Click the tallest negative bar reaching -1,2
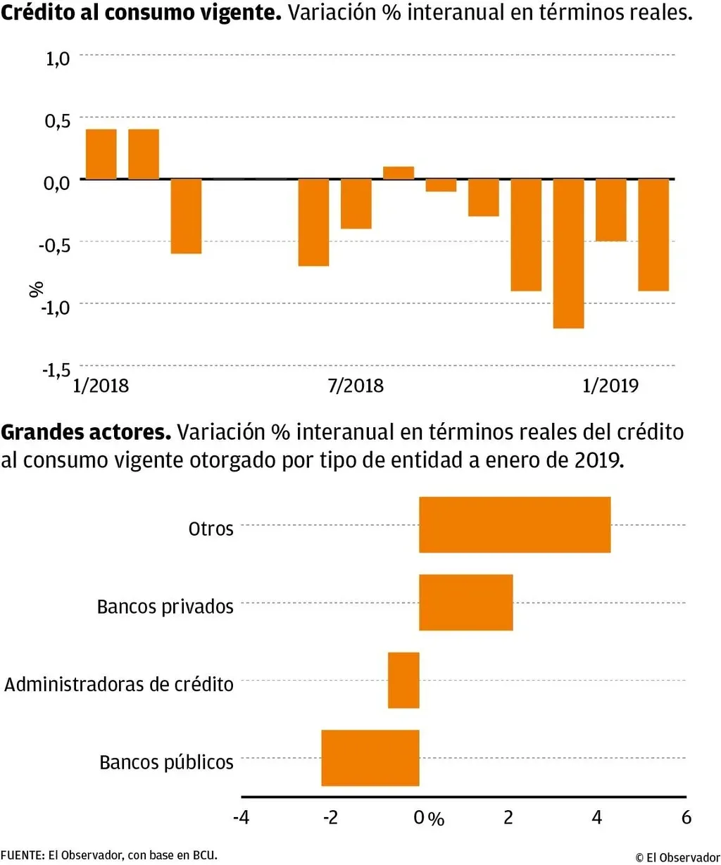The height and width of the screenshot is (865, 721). click(568, 253)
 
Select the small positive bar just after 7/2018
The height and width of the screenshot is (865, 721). click(399, 173)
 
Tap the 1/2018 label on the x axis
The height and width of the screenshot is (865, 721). click(101, 386)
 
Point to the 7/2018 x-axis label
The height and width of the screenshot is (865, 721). click(356, 386)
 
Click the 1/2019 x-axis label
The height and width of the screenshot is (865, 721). click(610, 386)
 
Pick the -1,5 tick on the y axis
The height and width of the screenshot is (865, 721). click(57, 370)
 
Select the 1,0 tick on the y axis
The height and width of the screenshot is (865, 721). click(58, 58)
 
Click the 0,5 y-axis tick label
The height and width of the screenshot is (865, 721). click(58, 121)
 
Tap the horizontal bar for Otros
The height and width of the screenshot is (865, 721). click(515, 525)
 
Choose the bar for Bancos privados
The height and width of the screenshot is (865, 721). click(465, 602)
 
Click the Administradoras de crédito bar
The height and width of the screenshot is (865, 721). click(403, 681)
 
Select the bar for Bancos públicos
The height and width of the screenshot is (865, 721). click(370, 758)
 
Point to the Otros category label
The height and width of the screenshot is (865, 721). click(211, 529)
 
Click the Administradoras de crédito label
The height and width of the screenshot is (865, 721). click(119, 684)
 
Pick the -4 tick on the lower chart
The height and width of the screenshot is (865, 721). click(241, 817)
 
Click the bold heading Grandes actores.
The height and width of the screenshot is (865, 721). click(86, 432)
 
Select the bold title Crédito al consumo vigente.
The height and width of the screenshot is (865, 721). click(141, 13)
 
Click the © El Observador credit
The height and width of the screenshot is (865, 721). click(677, 857)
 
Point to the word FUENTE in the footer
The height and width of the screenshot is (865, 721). click(22, 856)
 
